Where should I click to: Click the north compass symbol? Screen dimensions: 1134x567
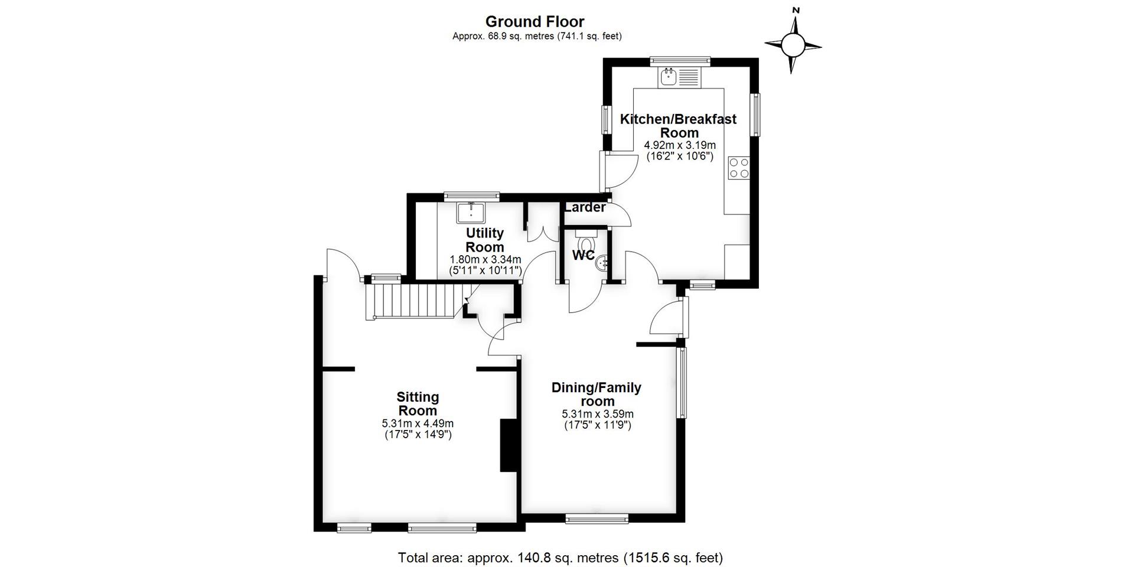793,43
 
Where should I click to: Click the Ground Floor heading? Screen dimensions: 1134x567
535,22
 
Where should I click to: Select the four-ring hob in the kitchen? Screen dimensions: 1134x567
739,168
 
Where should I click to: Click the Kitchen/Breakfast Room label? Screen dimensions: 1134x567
679,126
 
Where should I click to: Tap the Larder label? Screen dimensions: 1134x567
585,207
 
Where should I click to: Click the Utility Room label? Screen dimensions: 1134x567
485,240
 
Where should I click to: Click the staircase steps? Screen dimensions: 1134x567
413,301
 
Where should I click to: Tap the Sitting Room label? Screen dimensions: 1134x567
418,404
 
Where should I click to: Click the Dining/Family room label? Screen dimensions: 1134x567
597,395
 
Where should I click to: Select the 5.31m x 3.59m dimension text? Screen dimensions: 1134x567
598,414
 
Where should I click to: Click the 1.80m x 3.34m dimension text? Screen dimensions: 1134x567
485,259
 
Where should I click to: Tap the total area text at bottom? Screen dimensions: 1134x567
561,558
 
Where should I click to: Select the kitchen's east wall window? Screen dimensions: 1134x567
755,115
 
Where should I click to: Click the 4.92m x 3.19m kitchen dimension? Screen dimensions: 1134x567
679,145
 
